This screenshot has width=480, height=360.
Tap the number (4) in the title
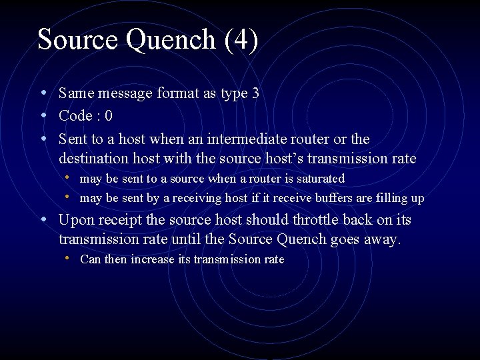(x=241, y=40)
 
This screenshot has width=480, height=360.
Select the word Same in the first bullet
(x=74, y=93)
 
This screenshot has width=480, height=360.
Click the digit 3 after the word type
(x=255, y=93)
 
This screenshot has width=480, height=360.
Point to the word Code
(x=75, y=116)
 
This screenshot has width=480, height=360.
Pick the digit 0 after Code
(x=108, y=116)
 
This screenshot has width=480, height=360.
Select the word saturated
(x=317, y=179)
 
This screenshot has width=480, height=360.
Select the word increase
(x=153, y=259)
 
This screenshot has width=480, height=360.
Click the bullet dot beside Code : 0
(x=43, y=115)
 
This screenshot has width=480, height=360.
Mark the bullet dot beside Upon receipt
(x=43, y=219)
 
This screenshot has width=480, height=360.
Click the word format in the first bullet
(x=178, y=93)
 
